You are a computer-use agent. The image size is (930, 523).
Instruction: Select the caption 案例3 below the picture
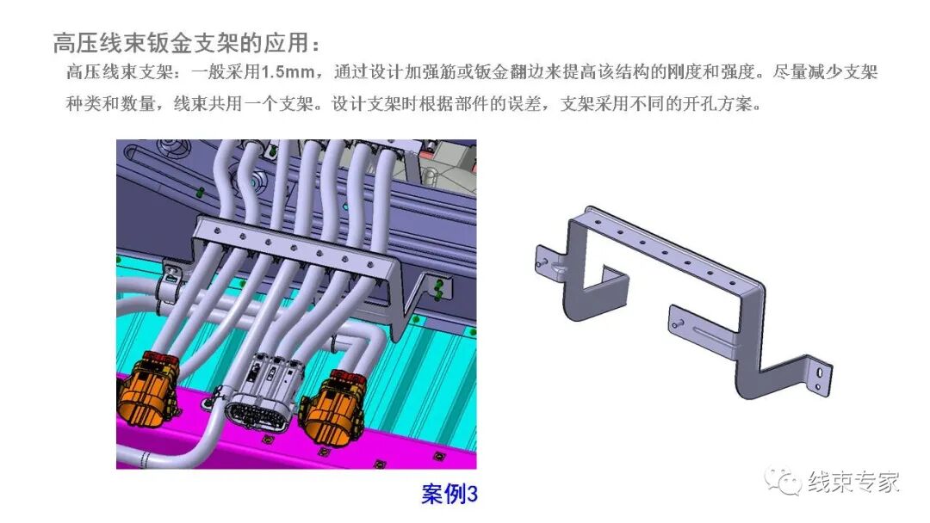click(449, 495)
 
